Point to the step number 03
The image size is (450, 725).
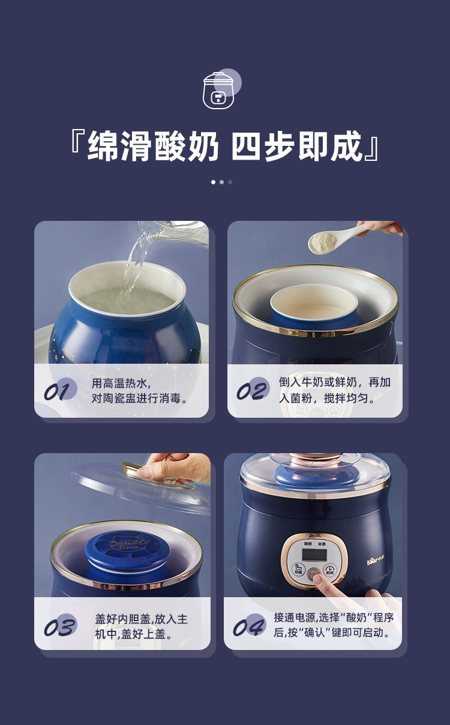tap(59, 627)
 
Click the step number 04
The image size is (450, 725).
tap(248, 627)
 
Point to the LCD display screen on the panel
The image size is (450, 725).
tap(314, 555)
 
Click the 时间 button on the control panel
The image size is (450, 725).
tap(329, 570)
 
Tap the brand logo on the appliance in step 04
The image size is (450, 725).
tap(376, 559)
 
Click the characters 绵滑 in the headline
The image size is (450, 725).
tap(120, 146)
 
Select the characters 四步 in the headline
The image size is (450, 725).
tap(263, 146)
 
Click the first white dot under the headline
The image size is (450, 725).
tap(213, 182)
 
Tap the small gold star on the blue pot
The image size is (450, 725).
tap(56, 358)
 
